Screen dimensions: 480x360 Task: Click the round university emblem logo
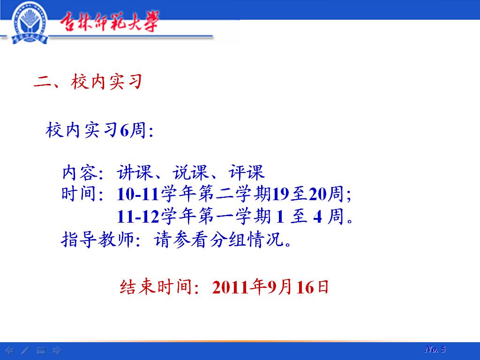pos(30,22)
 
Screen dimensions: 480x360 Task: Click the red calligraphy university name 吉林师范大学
pos(109,22)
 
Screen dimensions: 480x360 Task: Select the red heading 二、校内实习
pos(88,82)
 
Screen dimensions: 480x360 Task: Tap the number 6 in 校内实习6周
pos(124,130)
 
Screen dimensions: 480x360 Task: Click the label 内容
pos(80,172)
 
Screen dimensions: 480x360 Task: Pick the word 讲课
pos(135,172)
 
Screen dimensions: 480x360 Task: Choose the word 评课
pos(246,172)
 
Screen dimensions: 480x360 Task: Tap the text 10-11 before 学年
pos(138,194)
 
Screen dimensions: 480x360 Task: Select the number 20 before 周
pos(317,194)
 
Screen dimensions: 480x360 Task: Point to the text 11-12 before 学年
pos(138,217)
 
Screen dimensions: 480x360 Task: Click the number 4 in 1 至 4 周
pos(318,217)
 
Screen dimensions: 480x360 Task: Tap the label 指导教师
pos(97,239)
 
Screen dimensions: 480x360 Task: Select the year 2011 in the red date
pos(230,287)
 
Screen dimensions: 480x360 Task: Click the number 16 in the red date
pos(305,287)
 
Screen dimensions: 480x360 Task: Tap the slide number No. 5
pos(435,349)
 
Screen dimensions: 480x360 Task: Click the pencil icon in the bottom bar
pos(25,350)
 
